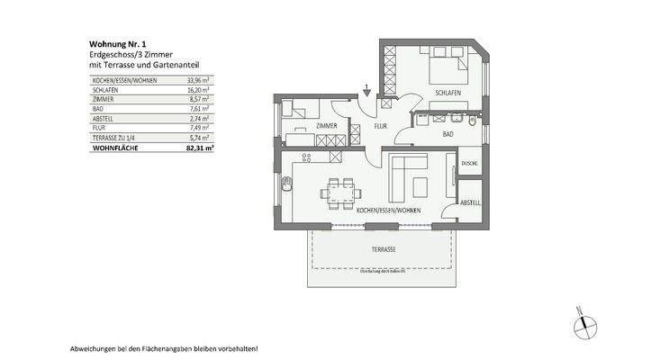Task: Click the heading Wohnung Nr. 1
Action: coord(113,43)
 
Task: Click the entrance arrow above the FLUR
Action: coord(367,89)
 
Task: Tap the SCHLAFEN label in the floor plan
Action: coord(448,94)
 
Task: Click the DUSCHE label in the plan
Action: coord(468,164)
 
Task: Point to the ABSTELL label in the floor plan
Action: coord(470,203)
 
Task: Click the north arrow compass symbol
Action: coord(584,322)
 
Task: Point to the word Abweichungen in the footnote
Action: coord(92,347)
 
